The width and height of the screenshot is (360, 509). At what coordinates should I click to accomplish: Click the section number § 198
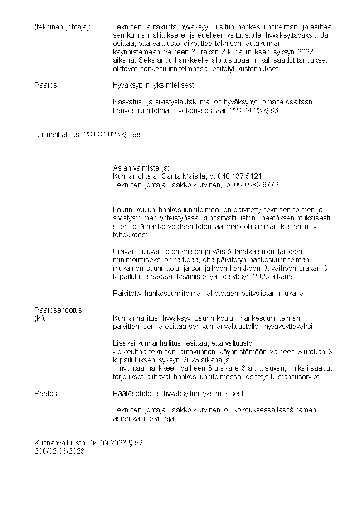131,135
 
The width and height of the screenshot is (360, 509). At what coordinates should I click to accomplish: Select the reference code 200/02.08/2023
59,451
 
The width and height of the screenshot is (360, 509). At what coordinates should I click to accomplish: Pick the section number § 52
136,443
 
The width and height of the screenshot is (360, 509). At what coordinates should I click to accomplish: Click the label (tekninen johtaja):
62,27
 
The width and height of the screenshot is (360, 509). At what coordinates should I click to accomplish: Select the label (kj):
40,318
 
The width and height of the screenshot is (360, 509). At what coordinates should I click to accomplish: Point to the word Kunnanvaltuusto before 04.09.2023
60,443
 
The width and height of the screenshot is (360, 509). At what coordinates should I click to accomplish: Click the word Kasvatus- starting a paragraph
127,102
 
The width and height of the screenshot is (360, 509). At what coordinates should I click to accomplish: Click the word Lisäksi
123,343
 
